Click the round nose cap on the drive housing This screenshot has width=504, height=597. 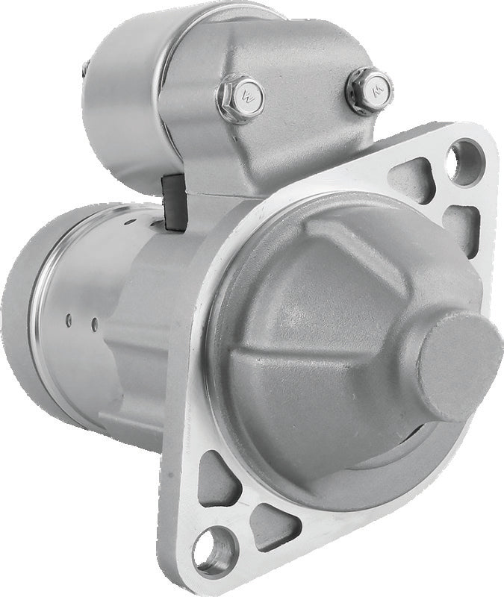click(458, 366)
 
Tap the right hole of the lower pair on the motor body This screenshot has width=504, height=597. click(95, 323)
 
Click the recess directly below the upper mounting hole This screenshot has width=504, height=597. click(461, 222)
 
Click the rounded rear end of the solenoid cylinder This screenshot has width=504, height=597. click(119, 97)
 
